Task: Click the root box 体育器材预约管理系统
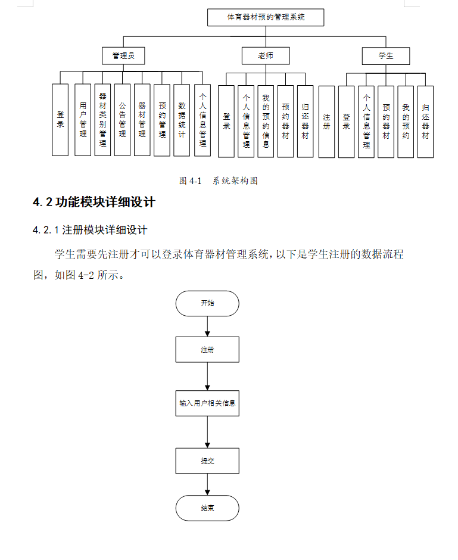[x=266, y=17]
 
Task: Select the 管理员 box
[x=123, y=56]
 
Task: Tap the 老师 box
[x=266, y=56]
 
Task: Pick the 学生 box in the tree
[x=386, y=56]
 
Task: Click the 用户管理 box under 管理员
[x=83, y=120]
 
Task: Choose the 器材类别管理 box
[x=102, y=120]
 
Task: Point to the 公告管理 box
[x=122, y=120]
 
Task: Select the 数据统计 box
[x=182, y=120]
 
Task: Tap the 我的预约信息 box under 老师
[x=266, y=121]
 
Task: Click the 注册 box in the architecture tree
[x=326, y=121]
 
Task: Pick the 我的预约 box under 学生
[x=406, y=121]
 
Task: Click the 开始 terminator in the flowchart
[x=207, y=303]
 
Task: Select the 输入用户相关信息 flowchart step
[x=207, y=403]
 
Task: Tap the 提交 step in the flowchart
[x=207, y=461]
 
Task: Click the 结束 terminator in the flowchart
[x=207, y=508]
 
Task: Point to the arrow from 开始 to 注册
[x=207, y=326]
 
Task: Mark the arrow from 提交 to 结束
[x=207, y=484]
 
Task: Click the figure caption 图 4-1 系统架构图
[x=219, y=181]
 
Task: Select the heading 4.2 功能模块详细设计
[x=94, y=203]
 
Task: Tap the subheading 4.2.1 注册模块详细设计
[x=90, y=230]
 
